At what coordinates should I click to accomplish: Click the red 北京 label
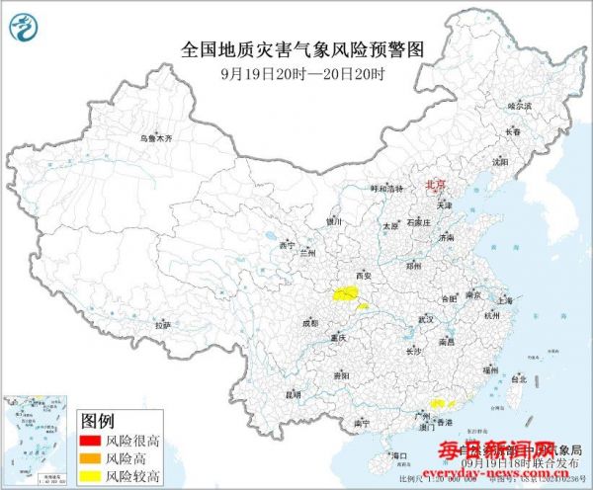pos(435,185)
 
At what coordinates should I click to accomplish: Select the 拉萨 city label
pos(164,324)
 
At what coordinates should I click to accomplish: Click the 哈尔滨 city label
pos(519,105)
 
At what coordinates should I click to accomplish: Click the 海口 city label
pos(399,455)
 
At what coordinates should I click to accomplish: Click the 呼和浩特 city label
pos(385,188)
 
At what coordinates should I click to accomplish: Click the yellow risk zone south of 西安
pos(345,293)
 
